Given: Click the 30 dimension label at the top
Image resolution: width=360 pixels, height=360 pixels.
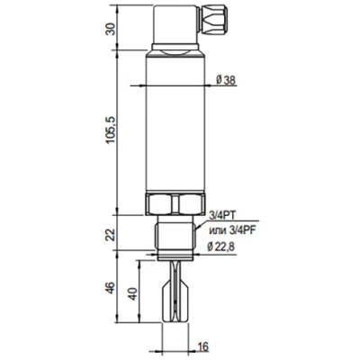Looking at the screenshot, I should tap(111, 27).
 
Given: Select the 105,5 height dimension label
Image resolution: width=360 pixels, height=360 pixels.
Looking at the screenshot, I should tap(111, 131).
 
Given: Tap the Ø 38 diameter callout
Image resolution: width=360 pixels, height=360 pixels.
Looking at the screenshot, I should tap(229, 79).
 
